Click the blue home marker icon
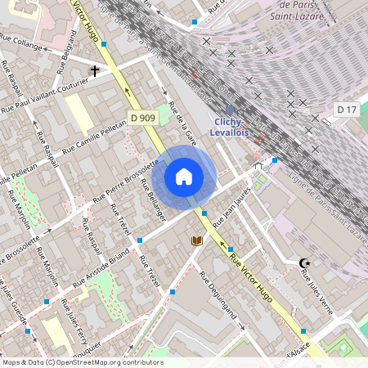point(184,176)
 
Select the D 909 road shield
point(143,119)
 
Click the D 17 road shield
point(346,109)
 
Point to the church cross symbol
point(95,71)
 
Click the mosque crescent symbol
point(305,263)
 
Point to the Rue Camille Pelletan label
point(92,139)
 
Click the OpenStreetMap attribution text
point(82,362)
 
